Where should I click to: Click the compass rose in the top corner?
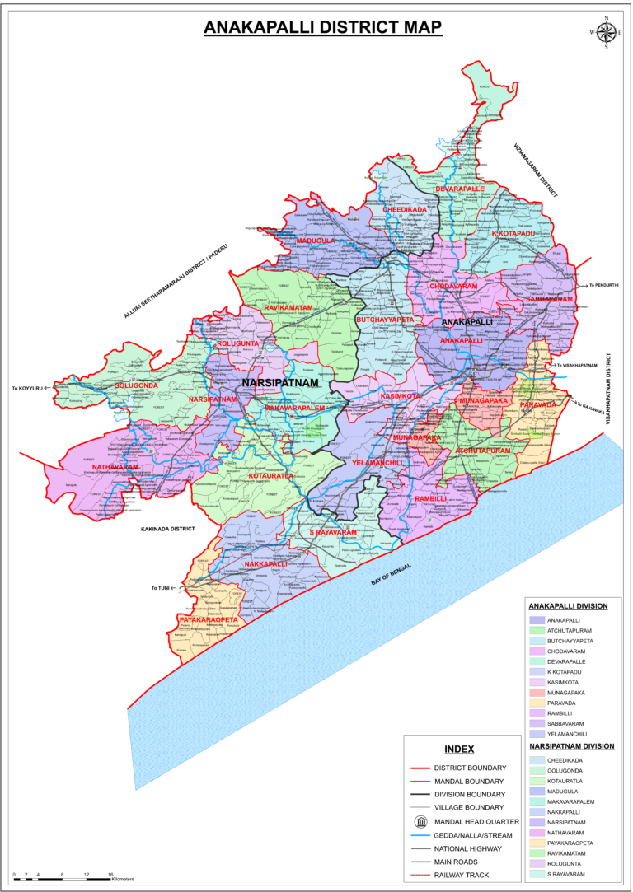pyautogui.click(x=606, y=32)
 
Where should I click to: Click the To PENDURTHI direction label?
pyautogui.click(x=604, y=286)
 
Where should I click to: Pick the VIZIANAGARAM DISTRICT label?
pyautogui.click(x=536, y=169)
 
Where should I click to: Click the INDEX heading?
pyautogui.click(x=459, y=749)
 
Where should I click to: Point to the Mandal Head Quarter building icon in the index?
pyautogui.click(x=421, y=821)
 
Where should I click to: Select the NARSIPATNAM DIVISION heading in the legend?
pyautogui.click(x=571, y=746)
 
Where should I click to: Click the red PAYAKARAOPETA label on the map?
pyautogui.click(x=208, y=619)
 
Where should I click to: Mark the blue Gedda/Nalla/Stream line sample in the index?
pyautogui.click(x=421, y=834)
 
